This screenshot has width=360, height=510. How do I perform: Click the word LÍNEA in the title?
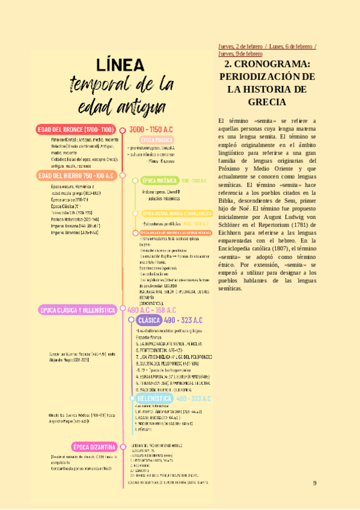[x=118, y=64]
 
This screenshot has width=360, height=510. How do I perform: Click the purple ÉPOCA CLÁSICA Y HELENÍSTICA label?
[x=78, y=310]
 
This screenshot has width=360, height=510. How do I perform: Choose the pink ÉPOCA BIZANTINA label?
[x=94, y=447]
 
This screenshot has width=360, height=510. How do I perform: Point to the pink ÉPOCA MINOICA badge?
[x=147, y=140]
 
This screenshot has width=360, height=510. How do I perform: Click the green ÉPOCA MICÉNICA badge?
[x=159, y=180]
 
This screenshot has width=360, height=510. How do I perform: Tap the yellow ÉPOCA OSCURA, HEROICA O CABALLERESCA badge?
[x=177, y=214]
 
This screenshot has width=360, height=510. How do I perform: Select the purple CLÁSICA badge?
[x=148, y=321]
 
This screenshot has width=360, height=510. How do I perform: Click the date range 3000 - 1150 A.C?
[x=150, y=129]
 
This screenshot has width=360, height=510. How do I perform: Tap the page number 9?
[x=314, y=484]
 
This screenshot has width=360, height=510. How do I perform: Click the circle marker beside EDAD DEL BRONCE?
[x=122, y=130]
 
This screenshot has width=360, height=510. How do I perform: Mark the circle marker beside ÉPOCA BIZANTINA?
[x=122, y=447]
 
